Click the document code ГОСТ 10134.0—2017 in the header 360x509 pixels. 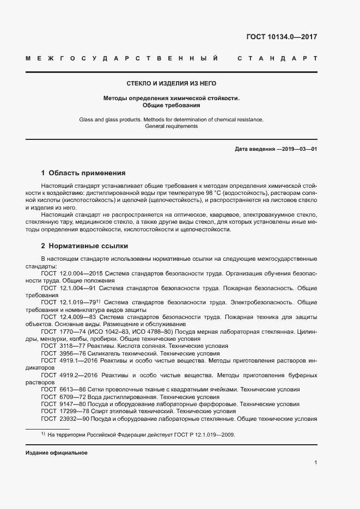[x=282, y=38]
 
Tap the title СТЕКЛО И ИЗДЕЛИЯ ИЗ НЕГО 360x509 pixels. [x=172, y=83]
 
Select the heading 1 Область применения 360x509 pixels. [x=83, y=173]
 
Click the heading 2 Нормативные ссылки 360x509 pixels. [x=84, y=246]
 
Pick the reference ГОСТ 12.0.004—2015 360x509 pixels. [x=72, y=273]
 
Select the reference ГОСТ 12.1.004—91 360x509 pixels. [x=69, y=287]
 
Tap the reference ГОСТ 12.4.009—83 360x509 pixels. [x=69, y=316]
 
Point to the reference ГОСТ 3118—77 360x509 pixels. [x=64, y=346]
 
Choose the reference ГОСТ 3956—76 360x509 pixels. [x=64, y=353]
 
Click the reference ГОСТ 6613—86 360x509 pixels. [x=64, y=389]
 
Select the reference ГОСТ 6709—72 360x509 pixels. [x=64, y=397]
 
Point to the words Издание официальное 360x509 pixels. [x=57, y=453]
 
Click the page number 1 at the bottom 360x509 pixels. [x=316, y=463]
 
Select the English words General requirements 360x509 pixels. [x=172, y=126]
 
